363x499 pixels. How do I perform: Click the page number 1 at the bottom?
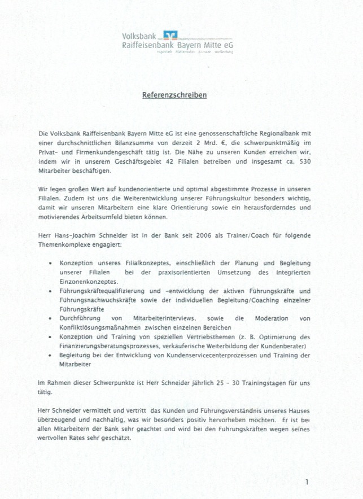(307, 482)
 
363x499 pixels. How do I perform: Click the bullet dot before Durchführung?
(51, 318)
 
